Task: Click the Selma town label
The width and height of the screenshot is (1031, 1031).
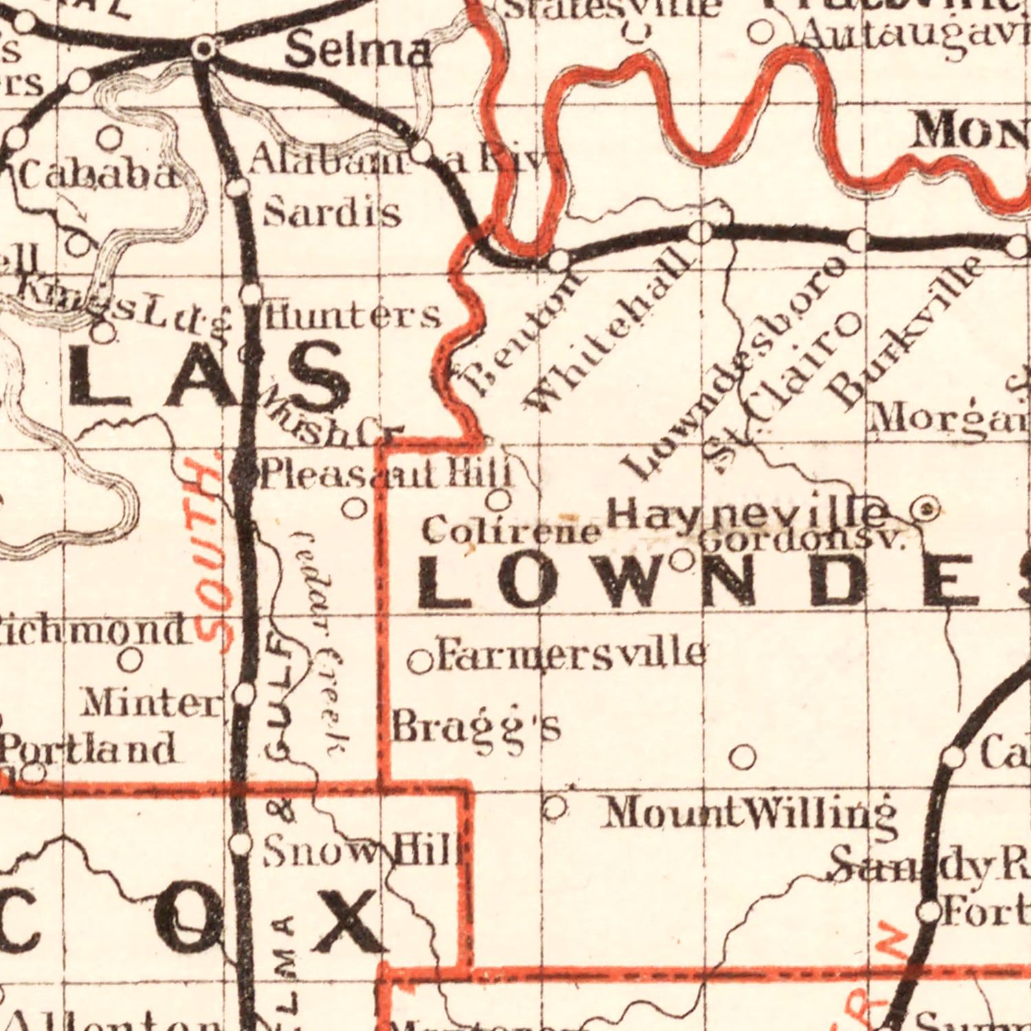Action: coord(359,52)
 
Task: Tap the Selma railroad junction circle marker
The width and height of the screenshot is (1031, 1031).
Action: coord(203,48)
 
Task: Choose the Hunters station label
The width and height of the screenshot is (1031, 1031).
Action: coord(352,316)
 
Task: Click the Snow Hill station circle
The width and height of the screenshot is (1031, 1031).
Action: coord(241,843)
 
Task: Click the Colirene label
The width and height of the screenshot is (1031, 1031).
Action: coord(511,531)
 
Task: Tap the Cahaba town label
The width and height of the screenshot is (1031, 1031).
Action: coord(96,177)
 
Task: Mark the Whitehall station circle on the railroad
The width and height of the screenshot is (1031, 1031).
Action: coord(701,232)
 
